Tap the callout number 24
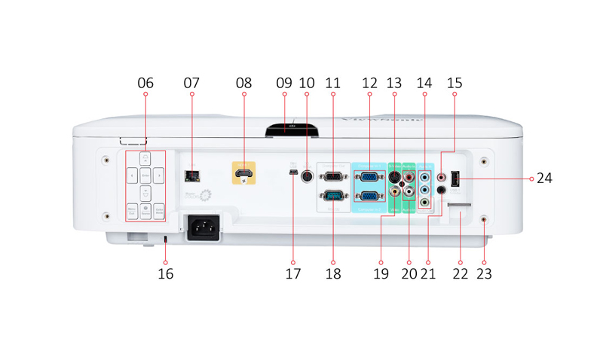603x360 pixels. click(x=544, y=178)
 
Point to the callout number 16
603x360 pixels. click(x=165, y=273)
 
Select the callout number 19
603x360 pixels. click(x=381, y=273)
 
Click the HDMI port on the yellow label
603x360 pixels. click(x=243, y=175)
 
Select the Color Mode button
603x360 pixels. click(x=160, y=212)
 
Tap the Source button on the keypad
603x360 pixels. click(x=145, y=212)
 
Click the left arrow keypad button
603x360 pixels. click(x=131, y=176)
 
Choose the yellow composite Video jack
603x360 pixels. click(x=394, y=192)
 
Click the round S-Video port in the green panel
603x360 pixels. click(x=394, y=178)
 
